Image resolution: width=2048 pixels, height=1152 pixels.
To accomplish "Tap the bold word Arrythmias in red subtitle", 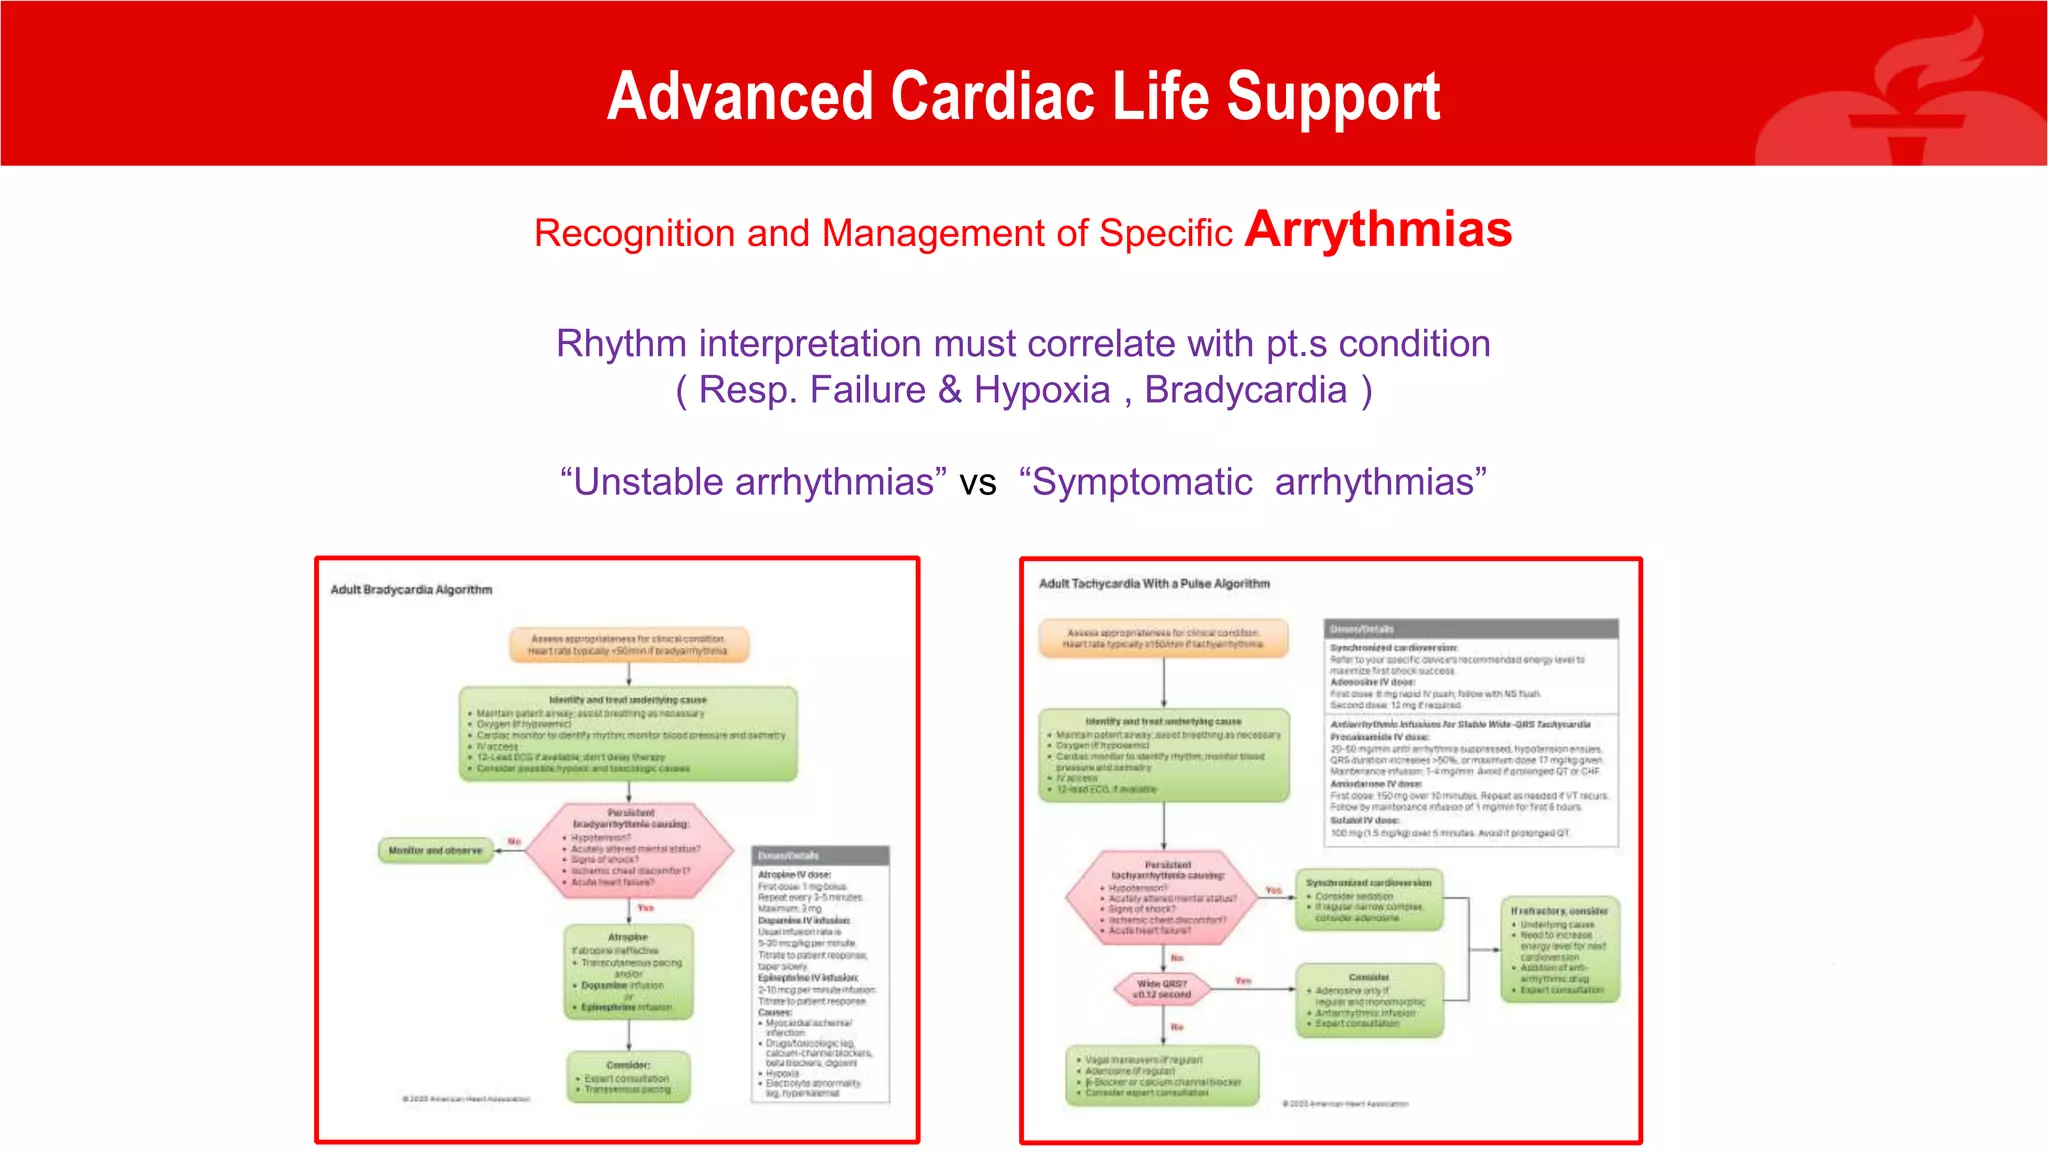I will click(1377, 230).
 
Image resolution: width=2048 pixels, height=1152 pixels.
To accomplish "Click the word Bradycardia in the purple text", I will click(1245, 390).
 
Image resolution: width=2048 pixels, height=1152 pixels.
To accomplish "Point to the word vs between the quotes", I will click(978, 483).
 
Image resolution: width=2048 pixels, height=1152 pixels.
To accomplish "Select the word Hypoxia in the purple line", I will click(1041, 390).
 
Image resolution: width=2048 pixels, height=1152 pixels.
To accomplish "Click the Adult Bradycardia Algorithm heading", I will click(411, 590).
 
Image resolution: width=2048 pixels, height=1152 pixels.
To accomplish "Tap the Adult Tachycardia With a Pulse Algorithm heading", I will click(1153, 584).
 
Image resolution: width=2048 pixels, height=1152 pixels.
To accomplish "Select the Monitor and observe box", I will click(435, 851).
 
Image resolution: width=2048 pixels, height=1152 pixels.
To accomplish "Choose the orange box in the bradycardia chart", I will click(628, 645).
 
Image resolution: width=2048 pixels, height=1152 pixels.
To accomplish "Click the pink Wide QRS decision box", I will click(1161, 990).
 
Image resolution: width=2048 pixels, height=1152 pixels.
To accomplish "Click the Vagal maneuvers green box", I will click(1162, 1076).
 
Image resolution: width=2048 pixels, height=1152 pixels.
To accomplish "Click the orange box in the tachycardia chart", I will click(1163, 639).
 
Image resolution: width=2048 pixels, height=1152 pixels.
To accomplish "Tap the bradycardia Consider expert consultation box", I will click(628, 1077).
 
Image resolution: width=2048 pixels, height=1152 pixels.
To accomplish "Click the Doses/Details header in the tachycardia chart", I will click(1470, 629).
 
